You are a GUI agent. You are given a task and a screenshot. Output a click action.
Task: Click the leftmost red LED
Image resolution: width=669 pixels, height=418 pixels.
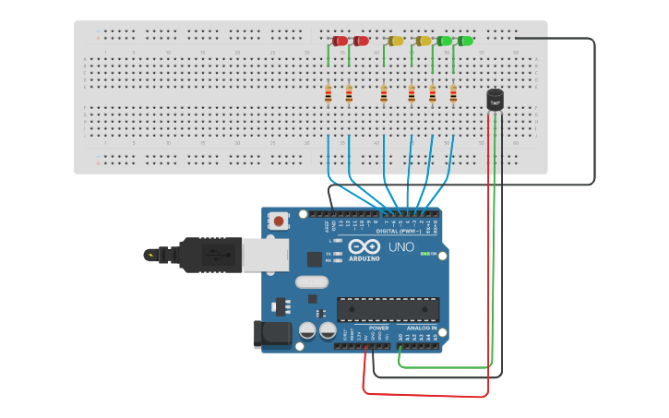tap(340, 41)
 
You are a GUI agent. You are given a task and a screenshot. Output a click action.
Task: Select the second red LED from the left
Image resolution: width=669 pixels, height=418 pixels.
tap(361, 41)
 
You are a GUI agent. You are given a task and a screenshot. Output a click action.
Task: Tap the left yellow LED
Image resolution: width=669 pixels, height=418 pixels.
tap(396, 41)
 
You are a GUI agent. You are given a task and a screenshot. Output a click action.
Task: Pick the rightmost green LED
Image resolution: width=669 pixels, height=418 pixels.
tap(466, 41)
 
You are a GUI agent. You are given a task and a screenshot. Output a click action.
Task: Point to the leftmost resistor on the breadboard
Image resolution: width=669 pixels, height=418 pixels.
tap(328, 94)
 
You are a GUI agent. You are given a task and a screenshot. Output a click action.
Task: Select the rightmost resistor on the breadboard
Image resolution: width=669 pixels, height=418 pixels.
tap(453, 94)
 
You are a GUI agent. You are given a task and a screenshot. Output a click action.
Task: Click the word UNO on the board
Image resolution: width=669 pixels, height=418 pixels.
tap(400, 247)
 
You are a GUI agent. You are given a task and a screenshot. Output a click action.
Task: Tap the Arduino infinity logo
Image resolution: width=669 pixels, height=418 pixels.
tap(364, 247)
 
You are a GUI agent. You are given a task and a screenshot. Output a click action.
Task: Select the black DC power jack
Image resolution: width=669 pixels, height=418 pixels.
tap(272, 333)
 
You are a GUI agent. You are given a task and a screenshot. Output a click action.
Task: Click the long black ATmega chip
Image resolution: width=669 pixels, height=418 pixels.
tap(388, 310)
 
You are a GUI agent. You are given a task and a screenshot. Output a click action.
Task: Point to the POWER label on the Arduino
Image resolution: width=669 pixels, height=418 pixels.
tap(378, 328)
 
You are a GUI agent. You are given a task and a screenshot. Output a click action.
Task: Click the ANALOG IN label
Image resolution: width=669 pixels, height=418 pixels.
tap(419, 328)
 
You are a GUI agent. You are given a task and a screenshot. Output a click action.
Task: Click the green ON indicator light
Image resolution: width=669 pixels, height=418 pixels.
tap(424, 254)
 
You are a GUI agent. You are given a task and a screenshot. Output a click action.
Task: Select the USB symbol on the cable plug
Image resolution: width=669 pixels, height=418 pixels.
tap(149, 254)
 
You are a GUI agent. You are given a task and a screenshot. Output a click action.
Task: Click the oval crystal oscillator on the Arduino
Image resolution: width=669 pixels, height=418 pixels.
tap(312, 282)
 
